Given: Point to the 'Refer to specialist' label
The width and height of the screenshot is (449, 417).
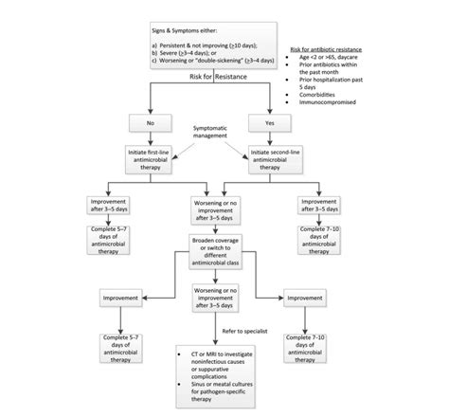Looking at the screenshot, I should pos(242,331).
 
